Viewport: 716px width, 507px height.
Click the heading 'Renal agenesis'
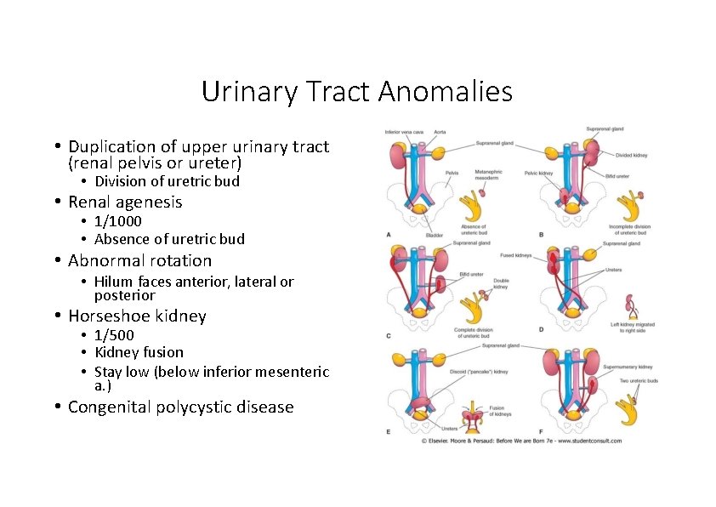pyautogui.click(x=125, y=202)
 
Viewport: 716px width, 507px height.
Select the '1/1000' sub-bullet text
pyautogui.click(x=118, y=221)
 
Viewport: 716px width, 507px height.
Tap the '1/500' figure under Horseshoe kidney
pyautogui.click(x=114, y=335)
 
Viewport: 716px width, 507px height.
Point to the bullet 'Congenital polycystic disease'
pyautogui.click(x=180, y=407)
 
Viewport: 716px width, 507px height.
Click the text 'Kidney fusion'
pyautogui.click(x=139, y=352)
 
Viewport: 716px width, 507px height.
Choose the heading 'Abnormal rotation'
pyautogui.click(x=139, y=261)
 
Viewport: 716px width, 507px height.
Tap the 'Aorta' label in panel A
pyautogui.click(x=440, y=132)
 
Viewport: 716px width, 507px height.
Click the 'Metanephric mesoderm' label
pyautogui.click(x=488, y=175)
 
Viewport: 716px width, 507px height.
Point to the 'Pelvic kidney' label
pyautogui.click(x=539, y=173)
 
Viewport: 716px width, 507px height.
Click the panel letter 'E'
pyautogui.click(x=389, y=432)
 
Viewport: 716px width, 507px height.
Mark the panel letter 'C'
pyautogui.click(x=389, y=336)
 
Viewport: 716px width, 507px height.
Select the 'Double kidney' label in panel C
pyautogui.click(x=501, y=283)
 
